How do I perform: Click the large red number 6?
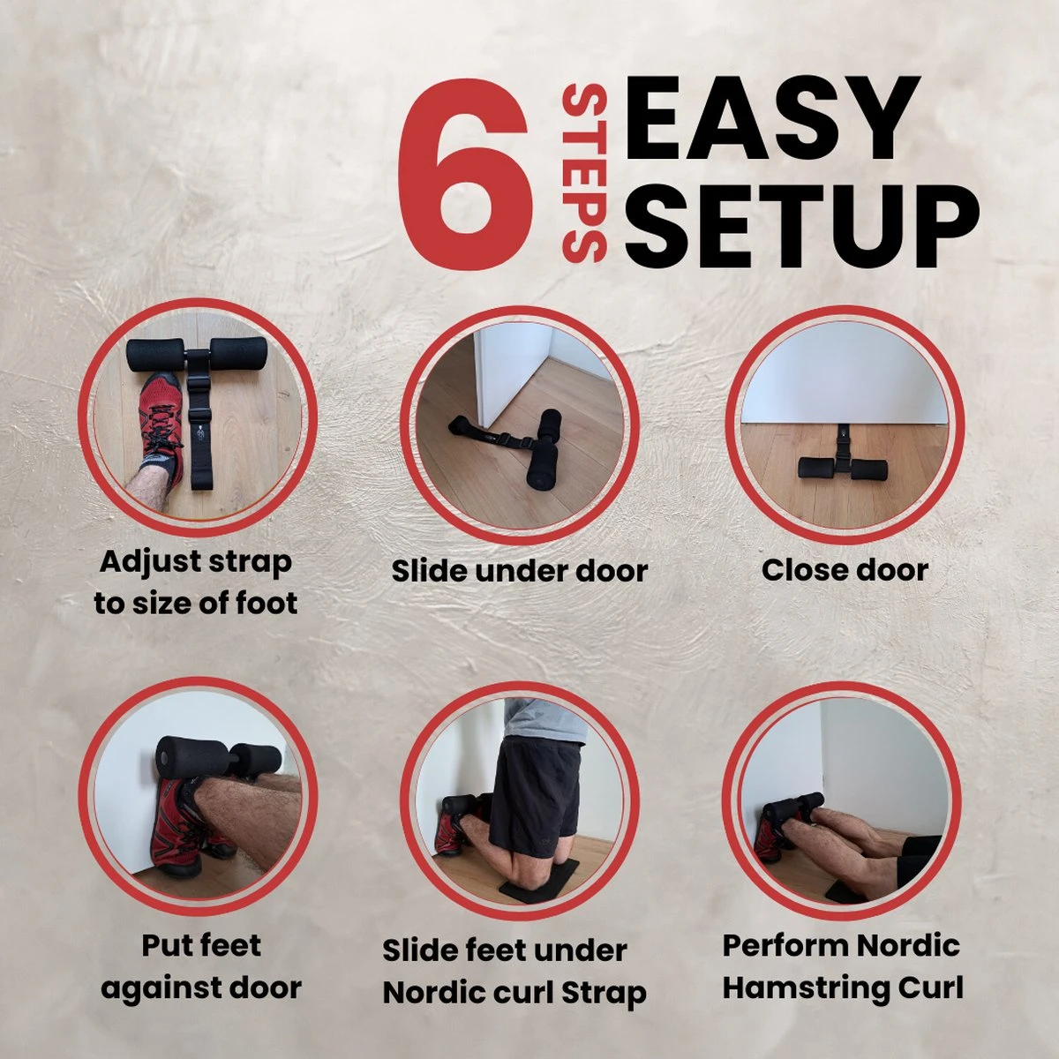pyautogui.click(x=465, y=174)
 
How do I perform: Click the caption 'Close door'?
pyautogui.click(x=845, y=570)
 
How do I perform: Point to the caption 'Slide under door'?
pyautogui.click(x=519, y=571)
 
